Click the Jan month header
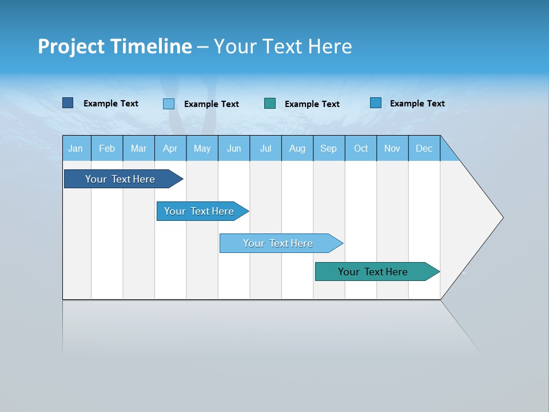click(75, 148)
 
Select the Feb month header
click(107, 148)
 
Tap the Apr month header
click(170, 148)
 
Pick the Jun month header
click(234, 148)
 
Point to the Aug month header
click(297, 148)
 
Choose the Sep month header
click(328, 148)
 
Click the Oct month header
click(361, 148)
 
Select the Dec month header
click(424, 148)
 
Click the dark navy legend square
click(67, 103)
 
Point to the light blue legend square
click(168, 104)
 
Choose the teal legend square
click(270, 103)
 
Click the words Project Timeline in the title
click(114, 46)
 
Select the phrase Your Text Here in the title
click(283, 46)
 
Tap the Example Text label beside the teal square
click(312, 104)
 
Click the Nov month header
click(392, 148)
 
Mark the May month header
click(202, 148)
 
